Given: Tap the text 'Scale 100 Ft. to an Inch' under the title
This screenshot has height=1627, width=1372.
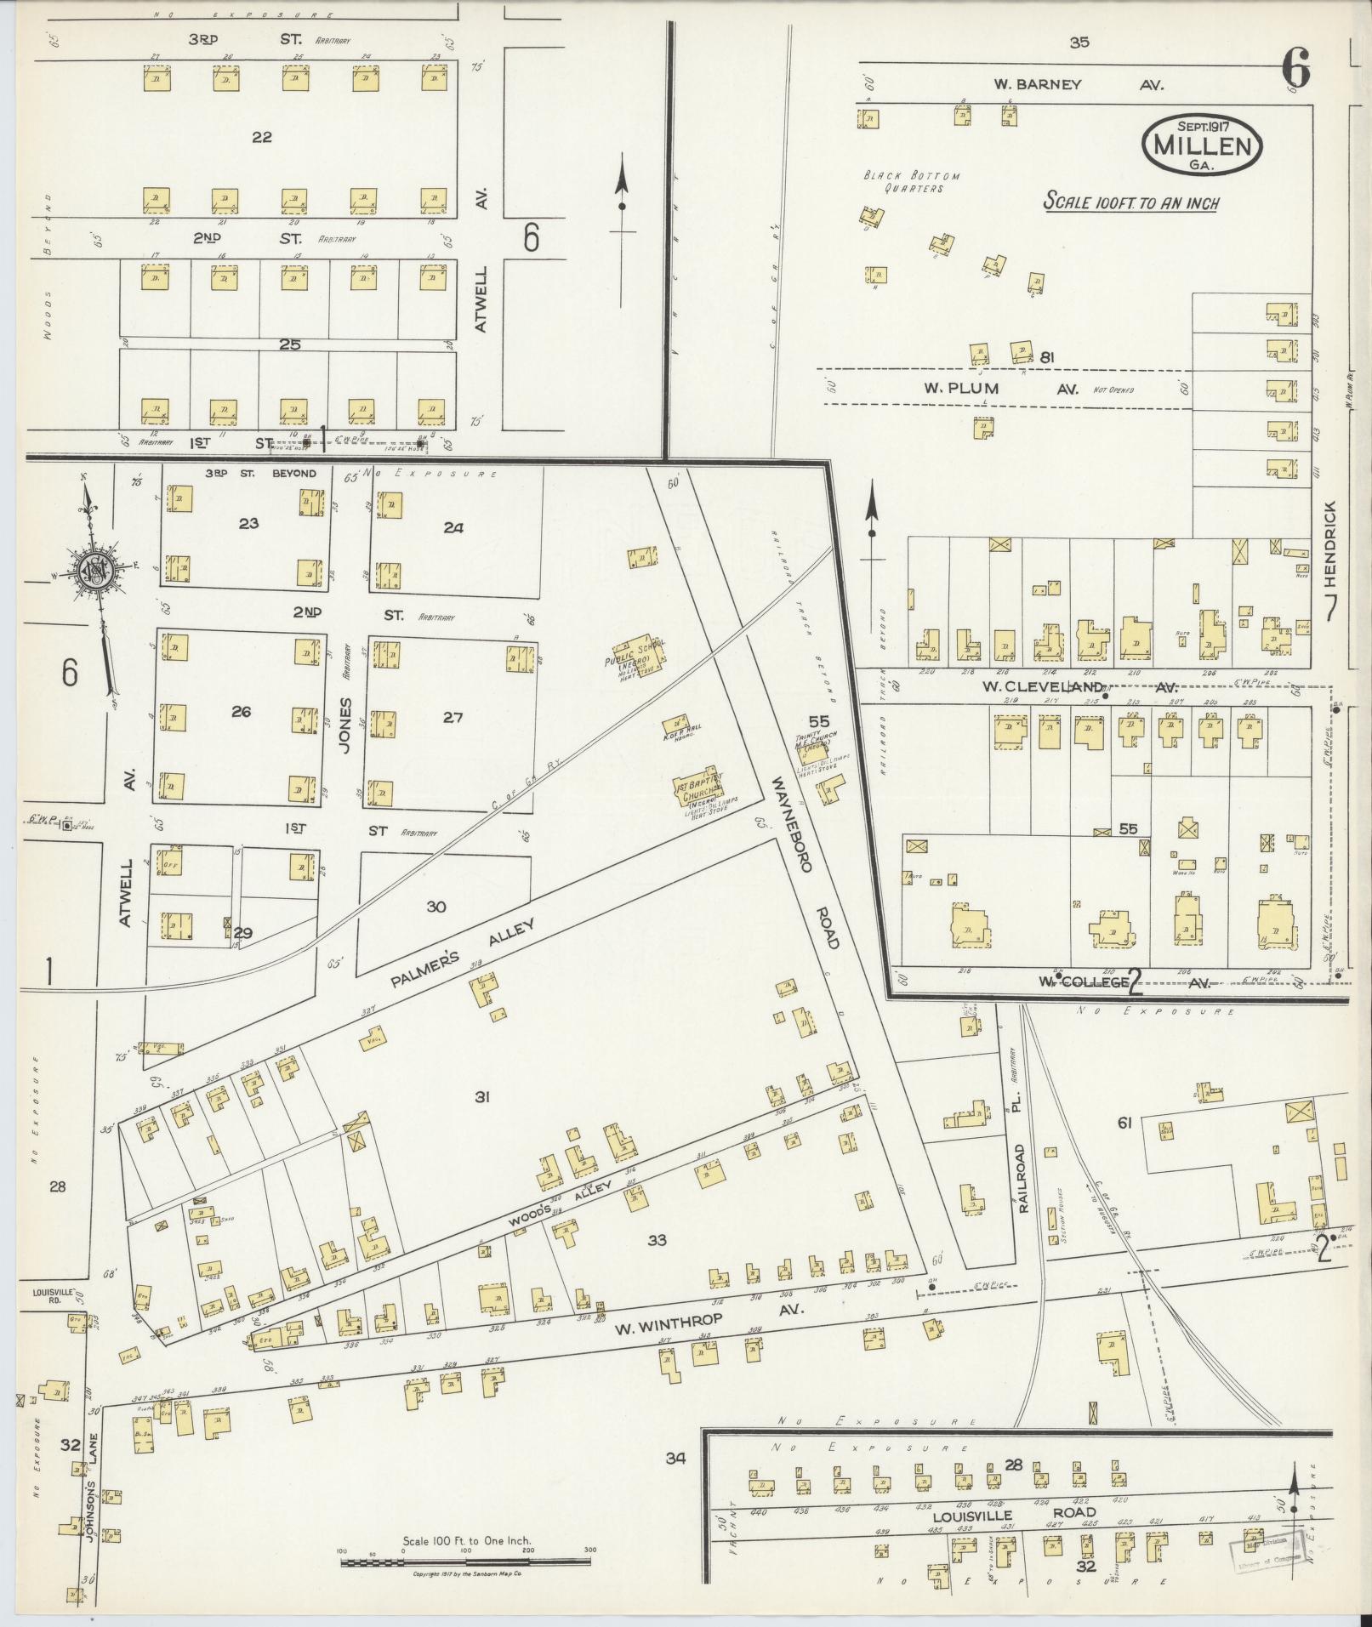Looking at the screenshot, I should tap(1130, 203).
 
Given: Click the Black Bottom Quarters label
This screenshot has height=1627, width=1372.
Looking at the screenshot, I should tap(911, 181).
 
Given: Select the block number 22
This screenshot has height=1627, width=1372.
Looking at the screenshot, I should tap(262, 136).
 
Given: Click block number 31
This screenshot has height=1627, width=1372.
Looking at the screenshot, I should tap(482, 1097).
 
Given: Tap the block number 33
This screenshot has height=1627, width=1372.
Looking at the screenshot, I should tap(657, 1240).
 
